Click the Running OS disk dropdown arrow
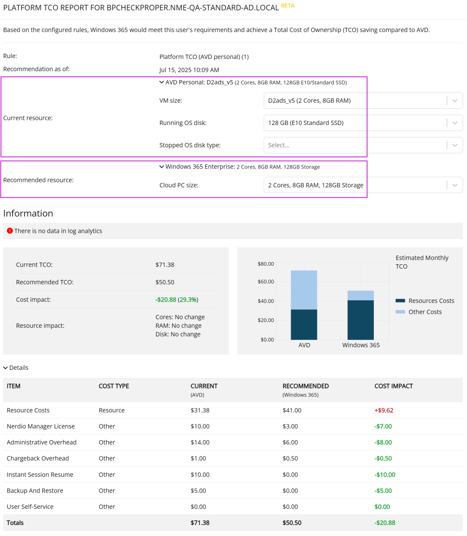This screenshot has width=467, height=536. coord(454,123)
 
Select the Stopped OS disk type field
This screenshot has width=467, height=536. coord(355,145)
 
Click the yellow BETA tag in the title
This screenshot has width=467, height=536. coord(288,6)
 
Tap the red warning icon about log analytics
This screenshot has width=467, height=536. coord(10,231)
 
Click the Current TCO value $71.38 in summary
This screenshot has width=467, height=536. coord(165,265)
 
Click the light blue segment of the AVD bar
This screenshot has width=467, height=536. coord(304,289)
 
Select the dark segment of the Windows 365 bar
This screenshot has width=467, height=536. coord(361,319)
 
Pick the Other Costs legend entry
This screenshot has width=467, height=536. coord(424,312)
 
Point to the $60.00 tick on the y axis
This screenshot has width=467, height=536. coord(266,281)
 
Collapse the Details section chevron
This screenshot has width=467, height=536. coord(6,368)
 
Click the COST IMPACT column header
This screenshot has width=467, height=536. coord(393,386)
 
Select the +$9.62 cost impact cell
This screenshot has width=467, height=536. coord(384,410)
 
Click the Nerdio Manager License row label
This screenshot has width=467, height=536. coord(41,426)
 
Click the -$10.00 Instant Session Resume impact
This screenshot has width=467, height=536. coord(385,474)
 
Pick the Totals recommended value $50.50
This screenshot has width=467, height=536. coord(292,523)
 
